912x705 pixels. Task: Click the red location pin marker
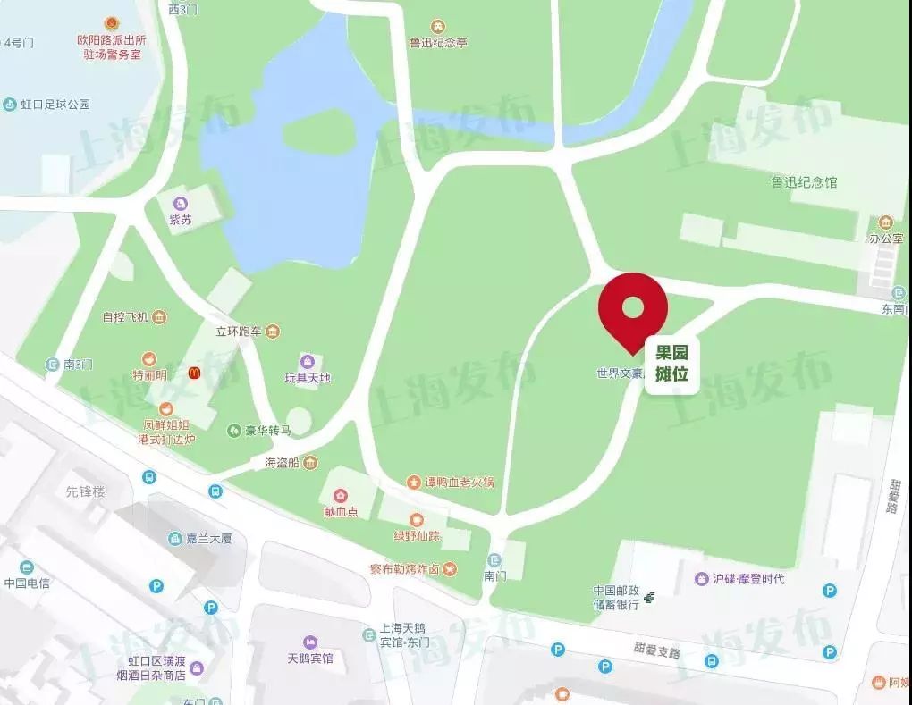click(633, 309)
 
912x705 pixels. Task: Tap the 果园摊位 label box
click(671, 362)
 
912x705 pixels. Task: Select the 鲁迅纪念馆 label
click(805, 182)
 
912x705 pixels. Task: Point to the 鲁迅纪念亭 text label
click(438, 42)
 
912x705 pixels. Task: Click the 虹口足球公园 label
click(55, 104)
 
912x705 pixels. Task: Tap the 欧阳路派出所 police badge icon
click(111, 22)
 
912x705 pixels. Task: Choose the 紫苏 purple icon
click(181, 203)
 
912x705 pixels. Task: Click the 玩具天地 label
click(308, 377)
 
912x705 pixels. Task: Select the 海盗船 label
click(284, 463)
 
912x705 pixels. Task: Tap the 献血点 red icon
click(341, 496)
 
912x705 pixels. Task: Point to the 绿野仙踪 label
click(417, 536)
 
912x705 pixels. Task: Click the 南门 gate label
click(494, 575)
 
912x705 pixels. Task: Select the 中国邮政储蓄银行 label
click(616, 597)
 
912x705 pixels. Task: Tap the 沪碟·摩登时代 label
click(748, 579)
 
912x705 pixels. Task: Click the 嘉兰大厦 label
click(201, 539)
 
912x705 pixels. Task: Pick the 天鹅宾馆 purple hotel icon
click(309, 642)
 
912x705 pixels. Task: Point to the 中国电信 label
click(27, 583)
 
